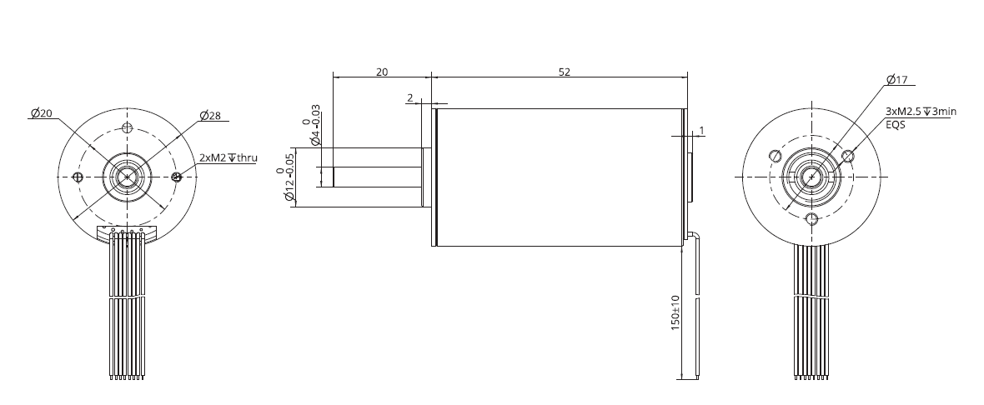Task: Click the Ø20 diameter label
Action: [x=41, y=113]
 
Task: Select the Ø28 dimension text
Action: [x=210, y=116]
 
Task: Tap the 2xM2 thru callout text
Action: [x=228, y=157]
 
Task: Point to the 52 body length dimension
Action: [x=564, y=72]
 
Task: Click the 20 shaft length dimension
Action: [x=382, y=72]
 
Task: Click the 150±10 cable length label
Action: [x=675, y=313]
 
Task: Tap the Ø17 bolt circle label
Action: [x=897, y=80]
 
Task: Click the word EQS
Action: [x=895, y=124]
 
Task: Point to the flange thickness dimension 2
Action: [x=410, y=98]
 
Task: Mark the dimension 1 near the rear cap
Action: [x=702, y=130]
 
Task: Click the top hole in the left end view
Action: [x=127, y=127]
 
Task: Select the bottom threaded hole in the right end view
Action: [x=811, y=219]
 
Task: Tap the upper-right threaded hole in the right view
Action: [x=849, y=156]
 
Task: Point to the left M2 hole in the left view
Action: [x=78, y=177]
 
